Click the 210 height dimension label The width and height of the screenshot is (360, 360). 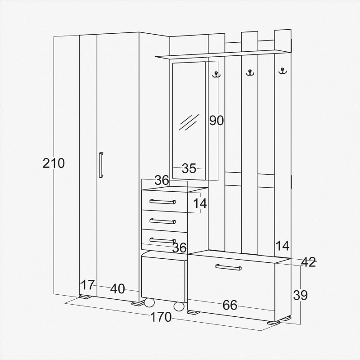[54, 163]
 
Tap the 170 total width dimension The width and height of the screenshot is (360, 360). [161, 317]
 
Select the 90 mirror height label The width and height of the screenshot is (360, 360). [216, 120]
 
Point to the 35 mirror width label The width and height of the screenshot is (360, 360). [189, 168]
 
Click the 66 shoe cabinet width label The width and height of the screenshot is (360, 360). [230, 305]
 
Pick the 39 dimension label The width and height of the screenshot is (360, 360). [300, 295]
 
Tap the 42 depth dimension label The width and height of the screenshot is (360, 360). [308, 262]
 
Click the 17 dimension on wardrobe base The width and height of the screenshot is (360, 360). [88, 285]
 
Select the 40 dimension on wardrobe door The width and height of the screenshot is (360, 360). [117, 289]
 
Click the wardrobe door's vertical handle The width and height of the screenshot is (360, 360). [101, 165]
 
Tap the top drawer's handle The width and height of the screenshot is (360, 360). [162, 202]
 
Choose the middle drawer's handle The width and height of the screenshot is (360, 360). [162, 221]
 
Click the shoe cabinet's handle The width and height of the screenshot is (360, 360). [229, 267]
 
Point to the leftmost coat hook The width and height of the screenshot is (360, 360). [216, 74]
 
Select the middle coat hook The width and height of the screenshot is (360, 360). [250, 72]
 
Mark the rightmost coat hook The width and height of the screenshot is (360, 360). [283, 71]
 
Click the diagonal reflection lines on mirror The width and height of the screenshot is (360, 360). [189, 122]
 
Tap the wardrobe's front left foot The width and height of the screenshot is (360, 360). [85, 297]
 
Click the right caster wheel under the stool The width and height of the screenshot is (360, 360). [179, 306]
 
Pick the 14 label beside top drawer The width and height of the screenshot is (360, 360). [200, 203]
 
